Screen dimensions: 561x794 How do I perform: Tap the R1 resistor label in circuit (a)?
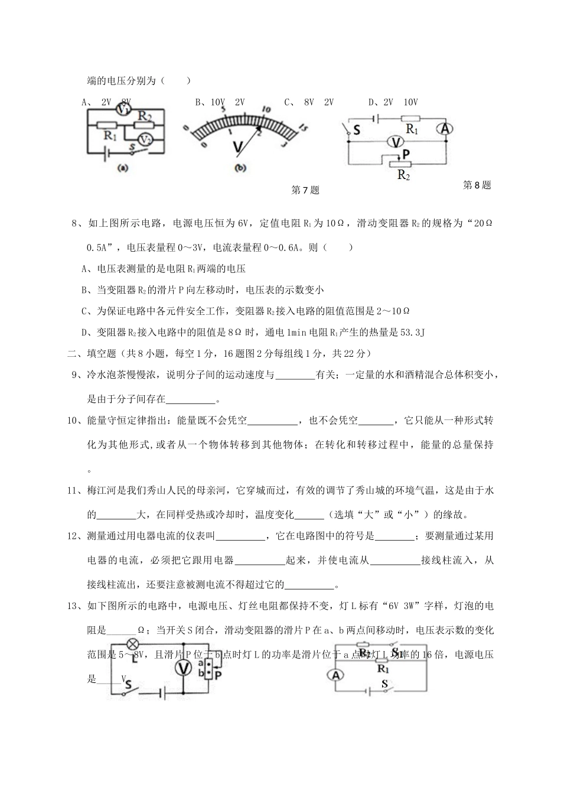click(109, 135)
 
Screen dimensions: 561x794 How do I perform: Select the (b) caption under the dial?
click(240, 168)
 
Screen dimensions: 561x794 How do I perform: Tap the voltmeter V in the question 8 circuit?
click(399, 141)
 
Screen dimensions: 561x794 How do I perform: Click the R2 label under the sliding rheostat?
click(404, 175)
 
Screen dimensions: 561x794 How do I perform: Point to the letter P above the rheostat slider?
click(406, 153)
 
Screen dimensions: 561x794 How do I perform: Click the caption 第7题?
click(305, 190)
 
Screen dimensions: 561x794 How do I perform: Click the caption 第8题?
click(477, 185)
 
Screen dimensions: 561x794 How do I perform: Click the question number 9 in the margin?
click(74, 375)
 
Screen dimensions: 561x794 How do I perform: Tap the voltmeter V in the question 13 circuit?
click(184, 668)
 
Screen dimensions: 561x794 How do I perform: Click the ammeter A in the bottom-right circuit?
click(336, 675)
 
